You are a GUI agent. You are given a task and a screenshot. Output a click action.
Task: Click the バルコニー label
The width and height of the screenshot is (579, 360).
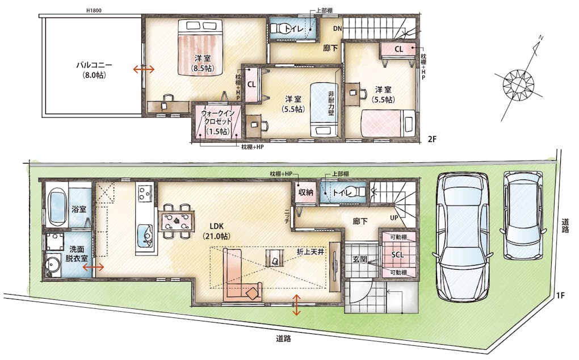[94, 65]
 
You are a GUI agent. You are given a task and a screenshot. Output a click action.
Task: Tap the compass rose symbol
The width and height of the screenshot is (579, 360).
[518, 84]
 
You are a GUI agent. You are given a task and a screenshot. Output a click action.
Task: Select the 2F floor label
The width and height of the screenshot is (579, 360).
[432, 139]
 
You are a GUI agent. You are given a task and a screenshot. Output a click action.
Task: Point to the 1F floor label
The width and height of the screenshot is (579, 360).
[560, 295]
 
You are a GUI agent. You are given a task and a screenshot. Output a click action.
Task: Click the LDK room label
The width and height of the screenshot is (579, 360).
[216, 227]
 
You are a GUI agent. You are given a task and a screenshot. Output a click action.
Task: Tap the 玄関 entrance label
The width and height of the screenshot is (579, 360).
[359, 259]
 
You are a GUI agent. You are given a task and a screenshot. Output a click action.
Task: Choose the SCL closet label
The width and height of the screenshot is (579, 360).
[397, 254]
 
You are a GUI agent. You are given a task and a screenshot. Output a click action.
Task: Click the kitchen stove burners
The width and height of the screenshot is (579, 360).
[144, 192]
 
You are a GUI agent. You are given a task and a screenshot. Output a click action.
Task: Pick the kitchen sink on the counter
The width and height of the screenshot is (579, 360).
[145, 236]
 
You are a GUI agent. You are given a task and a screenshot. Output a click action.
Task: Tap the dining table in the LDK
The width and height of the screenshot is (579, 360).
[177, 221]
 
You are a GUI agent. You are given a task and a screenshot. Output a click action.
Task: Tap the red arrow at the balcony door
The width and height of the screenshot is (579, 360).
[144, 69]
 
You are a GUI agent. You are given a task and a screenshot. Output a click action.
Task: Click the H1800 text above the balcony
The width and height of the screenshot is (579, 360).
[94, 10]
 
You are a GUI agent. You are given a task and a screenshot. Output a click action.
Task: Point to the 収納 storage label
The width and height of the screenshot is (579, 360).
[306, 192]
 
